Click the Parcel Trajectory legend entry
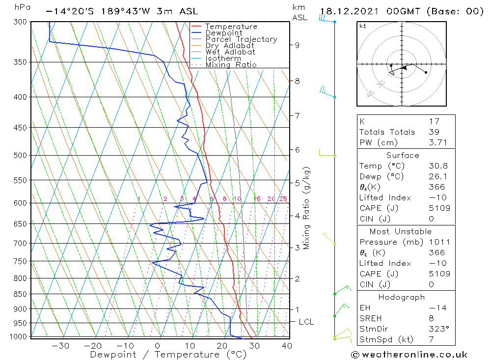point(241,39)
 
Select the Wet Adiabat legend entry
point(230,52)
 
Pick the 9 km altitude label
point(297,45)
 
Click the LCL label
point(306,322)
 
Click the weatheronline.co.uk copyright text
point(409,355)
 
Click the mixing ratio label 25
point(283,199)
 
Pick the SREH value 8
point(431,319)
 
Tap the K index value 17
point(434,121)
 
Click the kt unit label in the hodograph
point(363,26)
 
